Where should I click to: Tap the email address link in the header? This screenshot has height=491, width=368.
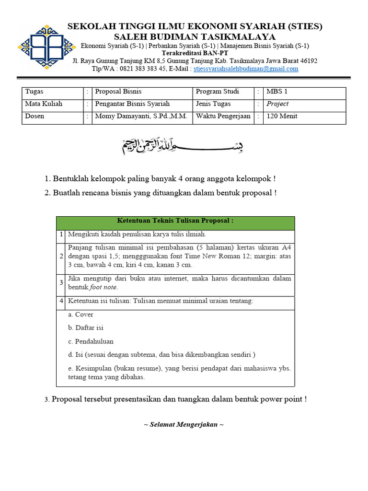click(x=246, y=69)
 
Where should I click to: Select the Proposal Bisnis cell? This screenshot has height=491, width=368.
click(x=118, y=92)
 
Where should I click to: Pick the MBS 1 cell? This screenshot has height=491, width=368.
click(x=277, y=92)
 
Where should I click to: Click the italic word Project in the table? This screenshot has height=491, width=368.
click(x=277, y=104)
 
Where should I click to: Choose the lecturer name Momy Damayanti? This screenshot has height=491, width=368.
click(x=127, y=117)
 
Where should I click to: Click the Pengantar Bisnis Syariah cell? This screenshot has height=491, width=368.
click(x=132, y=104)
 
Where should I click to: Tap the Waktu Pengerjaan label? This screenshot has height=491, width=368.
click(x=223, y=117)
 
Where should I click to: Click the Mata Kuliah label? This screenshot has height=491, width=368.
click(x=44, y=104)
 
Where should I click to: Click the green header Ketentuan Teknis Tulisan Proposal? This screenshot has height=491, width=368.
click(x=175, y=221)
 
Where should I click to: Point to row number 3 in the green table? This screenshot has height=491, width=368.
click(x=61, y=283)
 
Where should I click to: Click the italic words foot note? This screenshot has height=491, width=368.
click(x=103, y=287)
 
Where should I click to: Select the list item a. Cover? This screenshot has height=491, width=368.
click(x=80, y=315)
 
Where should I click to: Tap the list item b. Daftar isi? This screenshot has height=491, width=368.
click(x=86, y=328)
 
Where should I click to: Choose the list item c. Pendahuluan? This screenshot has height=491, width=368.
click(x=91, y=341)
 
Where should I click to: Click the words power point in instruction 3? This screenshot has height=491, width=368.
click(x=281, y=399)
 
